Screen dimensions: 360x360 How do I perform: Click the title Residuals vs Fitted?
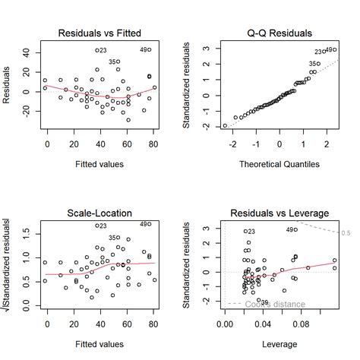pyautogui.click(x=100, y=33)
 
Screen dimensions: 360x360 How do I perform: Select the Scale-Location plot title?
pyautogui.click(x=100, y=213)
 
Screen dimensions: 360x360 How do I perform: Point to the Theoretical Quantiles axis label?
pyautogui.click(x=279, y=163)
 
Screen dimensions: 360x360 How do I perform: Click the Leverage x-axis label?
pyautogui.click(x=279, y=343)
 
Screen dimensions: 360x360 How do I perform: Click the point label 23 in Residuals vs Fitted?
pyautogui.click(x=102, y=51)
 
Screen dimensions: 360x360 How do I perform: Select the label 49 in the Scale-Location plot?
pyautogui.click(x=144, y=224)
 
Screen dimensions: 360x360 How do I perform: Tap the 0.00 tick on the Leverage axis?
pyautogui.click(x=226, y=324)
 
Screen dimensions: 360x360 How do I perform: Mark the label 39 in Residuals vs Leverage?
pyautogui.click(x=264, y=302)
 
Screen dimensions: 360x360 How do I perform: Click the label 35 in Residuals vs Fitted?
pyautogui.click(x=112, y=62)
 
